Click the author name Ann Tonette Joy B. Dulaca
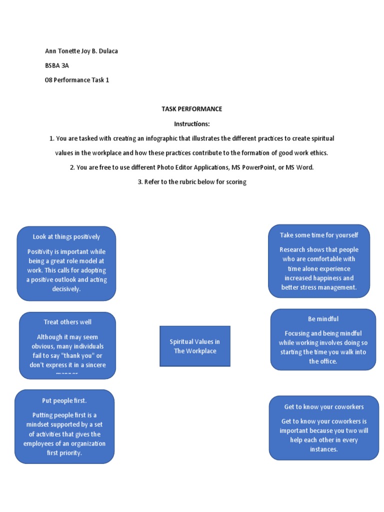coord(81,51)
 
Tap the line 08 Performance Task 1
coord(77,80)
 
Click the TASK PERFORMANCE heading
coord(191,109)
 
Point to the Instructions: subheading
coord(191,123)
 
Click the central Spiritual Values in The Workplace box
coord(195,346)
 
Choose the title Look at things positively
coord(66,236)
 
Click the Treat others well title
coord(67,322)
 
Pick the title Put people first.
coord(64,400)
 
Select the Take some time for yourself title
coord(319,235)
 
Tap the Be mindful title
coord(323,318)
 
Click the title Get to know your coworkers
coord(324,406)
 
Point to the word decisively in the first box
coord(66,289)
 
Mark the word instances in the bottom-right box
coord(324,449)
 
